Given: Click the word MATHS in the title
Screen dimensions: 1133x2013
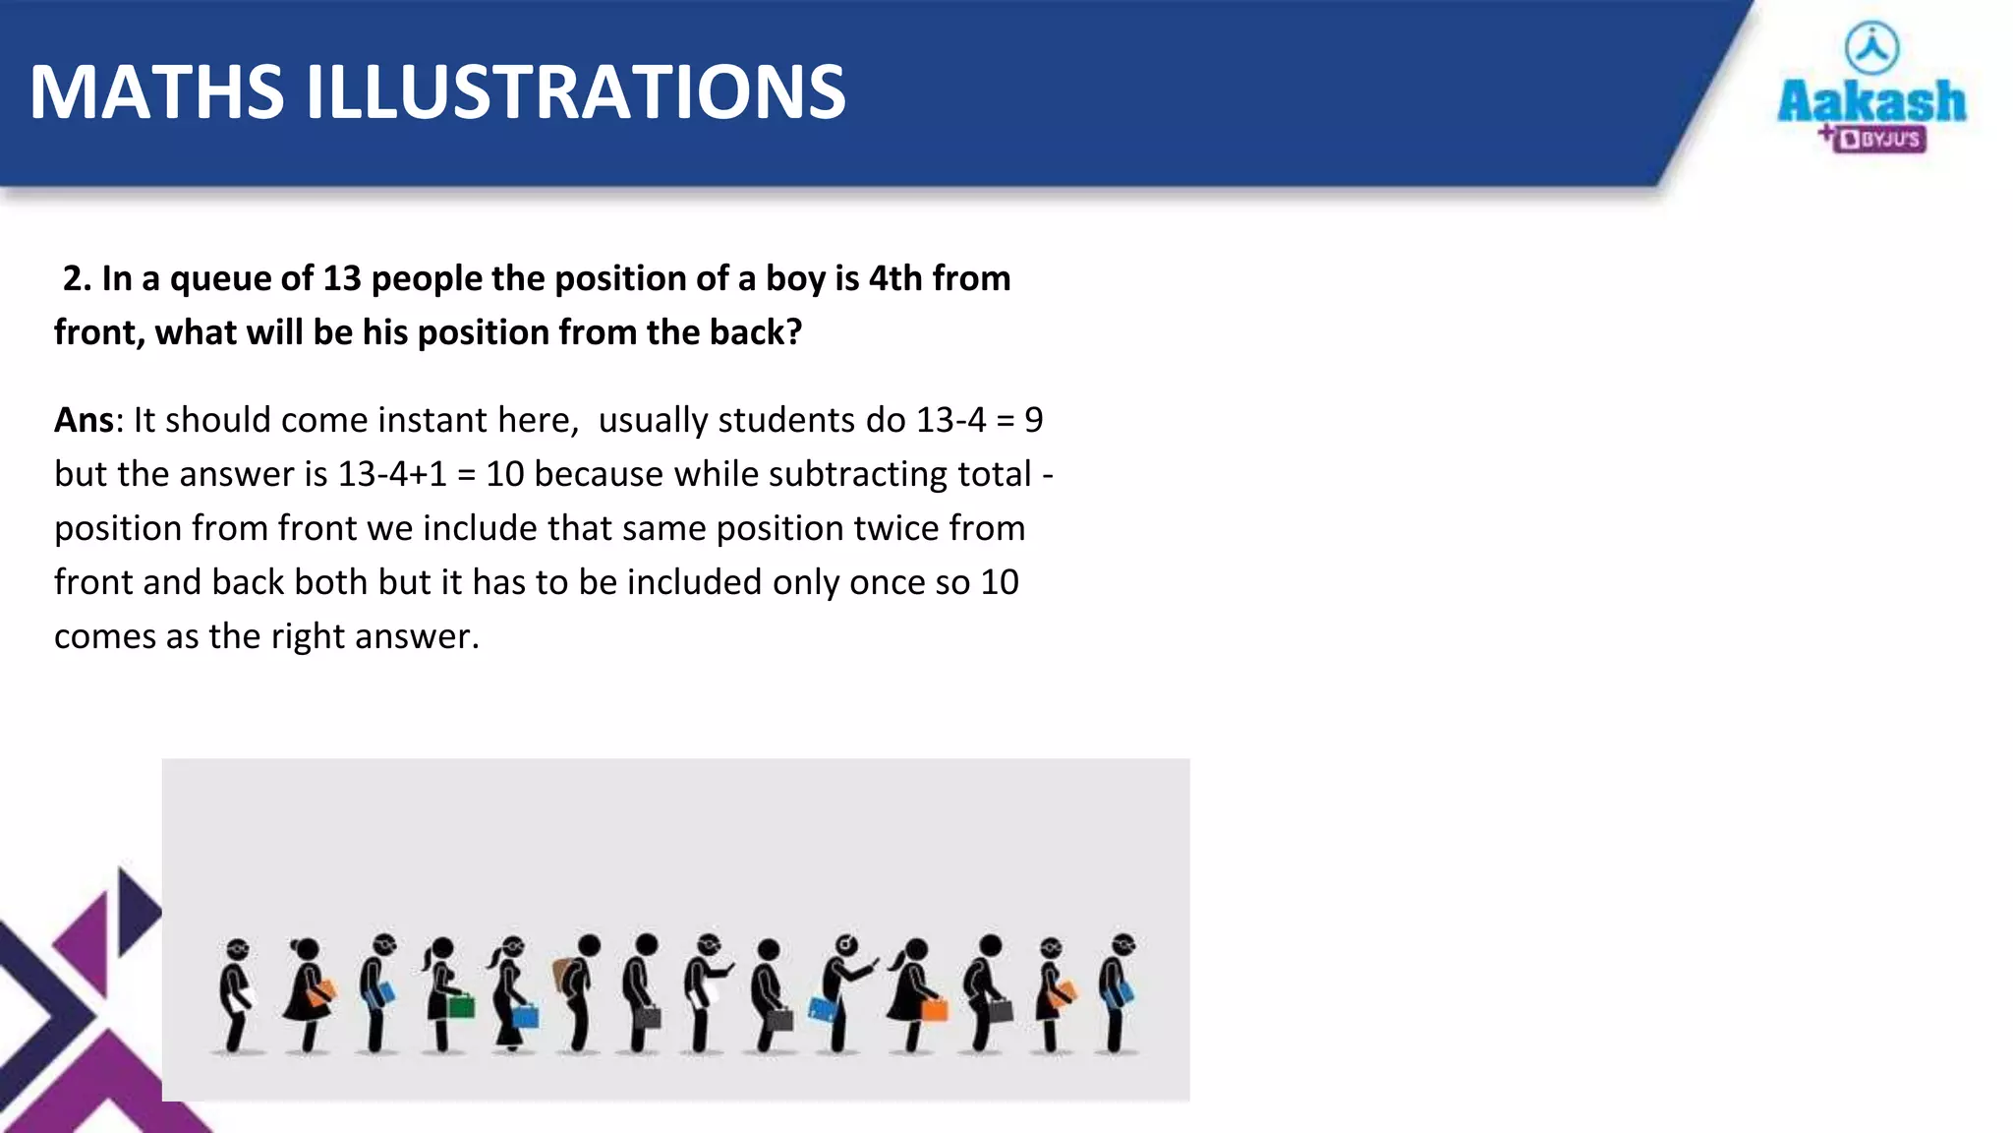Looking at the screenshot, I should pos(157,92).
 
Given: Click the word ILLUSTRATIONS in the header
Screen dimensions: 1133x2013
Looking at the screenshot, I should pos(575,92).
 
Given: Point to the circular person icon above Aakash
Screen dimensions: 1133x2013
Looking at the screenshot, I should pos(1872,47).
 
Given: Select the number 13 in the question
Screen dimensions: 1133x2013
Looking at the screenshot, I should pos(342,278).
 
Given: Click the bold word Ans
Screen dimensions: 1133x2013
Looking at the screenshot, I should pos(84,420).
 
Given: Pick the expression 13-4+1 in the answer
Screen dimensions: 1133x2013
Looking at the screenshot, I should pos(392,474).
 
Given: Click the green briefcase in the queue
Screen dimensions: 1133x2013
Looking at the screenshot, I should pos(462,1005).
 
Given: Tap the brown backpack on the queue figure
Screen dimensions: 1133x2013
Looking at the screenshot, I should pos(564,976).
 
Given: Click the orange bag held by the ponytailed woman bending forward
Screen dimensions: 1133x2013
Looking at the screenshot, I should pos(934,1007).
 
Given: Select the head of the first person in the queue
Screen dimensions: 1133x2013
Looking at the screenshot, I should pos(237,950).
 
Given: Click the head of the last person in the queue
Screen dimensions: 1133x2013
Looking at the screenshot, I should pos(1122,944).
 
